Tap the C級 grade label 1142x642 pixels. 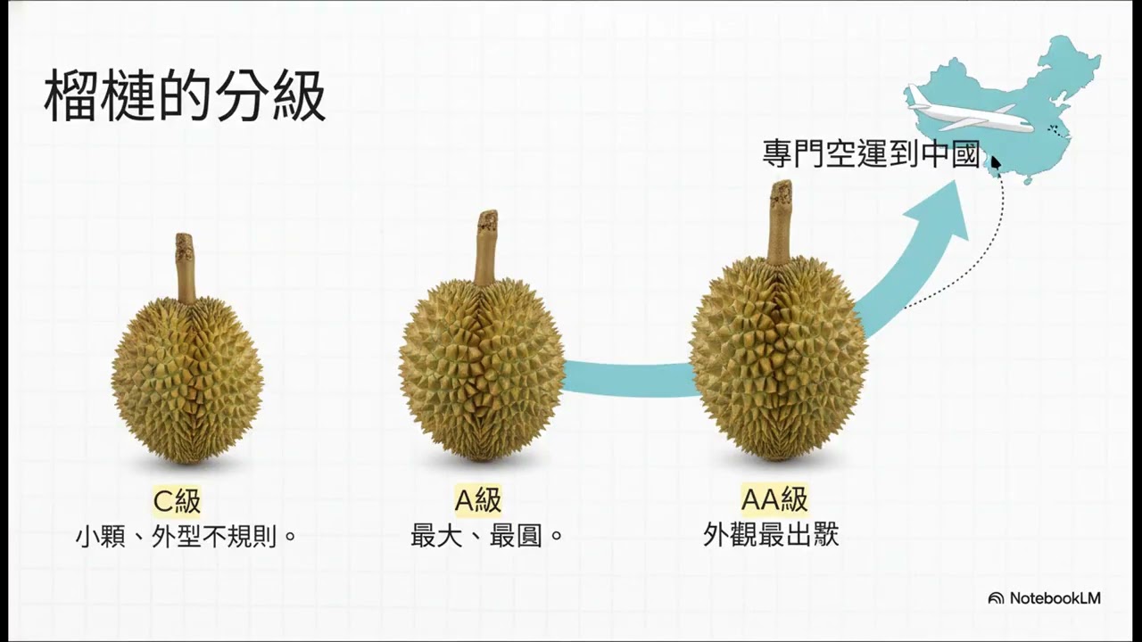(177, 501)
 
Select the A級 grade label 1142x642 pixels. (478, 501)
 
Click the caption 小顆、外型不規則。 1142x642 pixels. (186, 537)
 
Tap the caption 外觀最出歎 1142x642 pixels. (771, 535)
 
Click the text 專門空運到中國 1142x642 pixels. (872, 153)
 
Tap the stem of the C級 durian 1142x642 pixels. (185, 267)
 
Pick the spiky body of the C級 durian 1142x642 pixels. (187, 379)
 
